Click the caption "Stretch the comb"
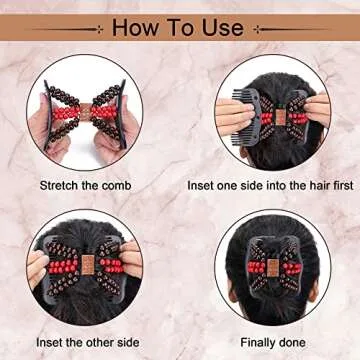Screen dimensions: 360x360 85,185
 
